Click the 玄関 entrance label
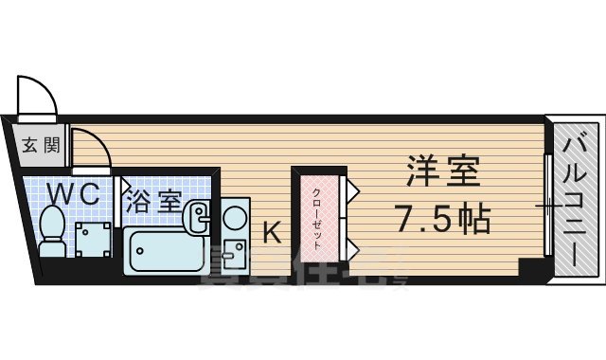(x=41, y=145)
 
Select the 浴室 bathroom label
(x=151, y=201)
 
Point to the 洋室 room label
(x=444, y=173)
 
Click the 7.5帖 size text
(x=443, y=220)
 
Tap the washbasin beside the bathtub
(x=198, y=215)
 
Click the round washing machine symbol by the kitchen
(x=235, y=217)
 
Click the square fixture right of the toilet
(x=93, y=239)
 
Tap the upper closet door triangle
(x=351, y=189)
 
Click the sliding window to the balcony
(x=547, y=203)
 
